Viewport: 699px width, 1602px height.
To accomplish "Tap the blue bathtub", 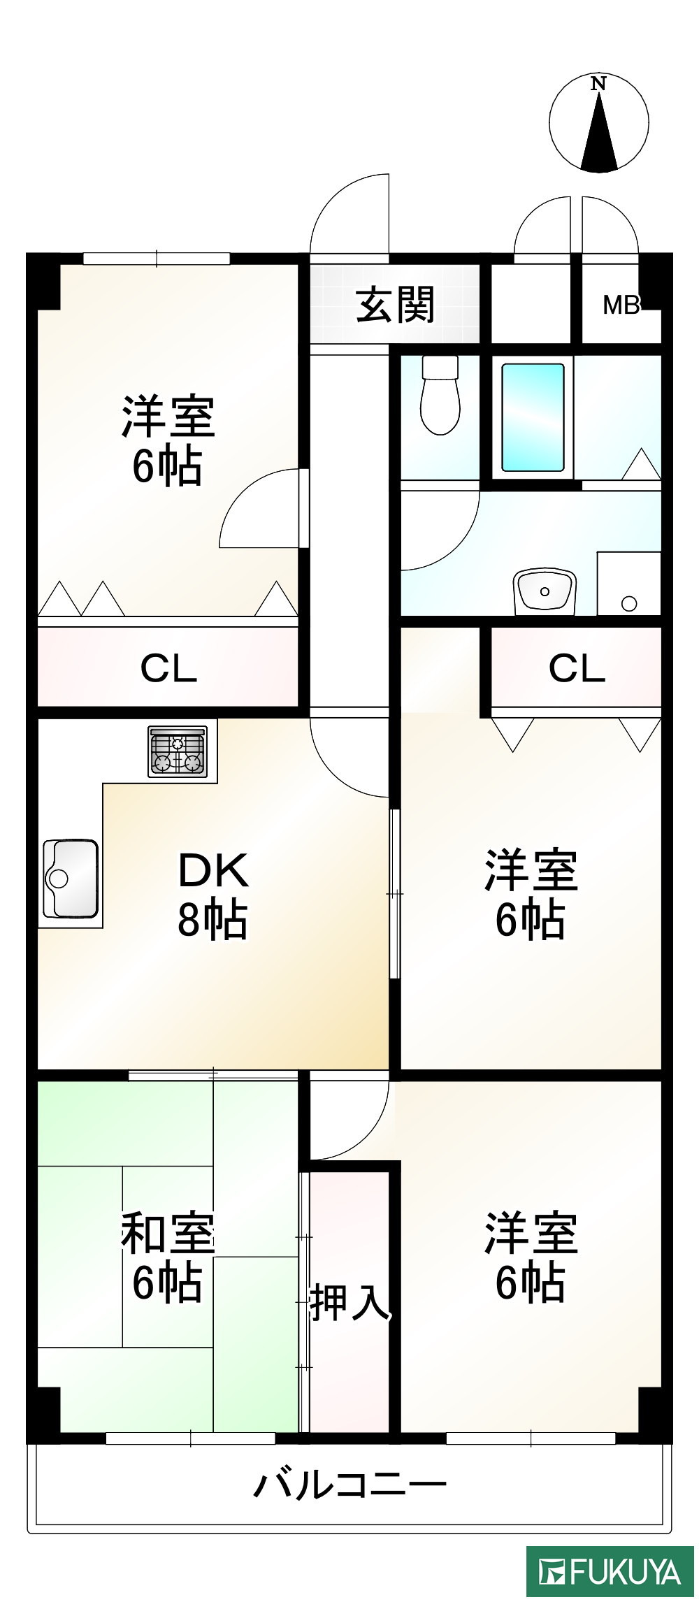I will [x=533, y=417].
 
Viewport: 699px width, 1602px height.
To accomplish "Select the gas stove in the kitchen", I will [x=178, y=751].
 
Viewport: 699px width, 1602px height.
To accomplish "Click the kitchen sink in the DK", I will [x=70, y=878].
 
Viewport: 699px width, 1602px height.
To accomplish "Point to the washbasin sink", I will [x=545, y=591].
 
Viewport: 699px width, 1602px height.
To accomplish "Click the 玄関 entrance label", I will [x=396, y=305].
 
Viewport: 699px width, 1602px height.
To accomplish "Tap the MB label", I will [x=621, y=305].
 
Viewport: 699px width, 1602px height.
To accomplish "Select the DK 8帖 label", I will [x=212, y=895].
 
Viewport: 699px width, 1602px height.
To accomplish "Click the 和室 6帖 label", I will [x=167, y=1258].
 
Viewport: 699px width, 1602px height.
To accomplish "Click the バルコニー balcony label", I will [x=349, y=1485].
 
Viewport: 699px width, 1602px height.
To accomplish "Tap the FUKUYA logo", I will [x=610, y=1572].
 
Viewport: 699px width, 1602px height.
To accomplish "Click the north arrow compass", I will [x=599, y=124].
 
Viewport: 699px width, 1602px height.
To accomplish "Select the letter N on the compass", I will [x=598, y=84].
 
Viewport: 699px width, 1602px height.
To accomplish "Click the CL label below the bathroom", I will [x=577, y=668].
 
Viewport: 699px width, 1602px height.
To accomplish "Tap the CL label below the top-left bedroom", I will [x=168, y=668].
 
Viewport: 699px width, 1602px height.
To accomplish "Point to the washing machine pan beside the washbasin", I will [x=629, y=584].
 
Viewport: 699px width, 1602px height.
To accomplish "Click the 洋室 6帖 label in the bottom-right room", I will [x=531, y=1258].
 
